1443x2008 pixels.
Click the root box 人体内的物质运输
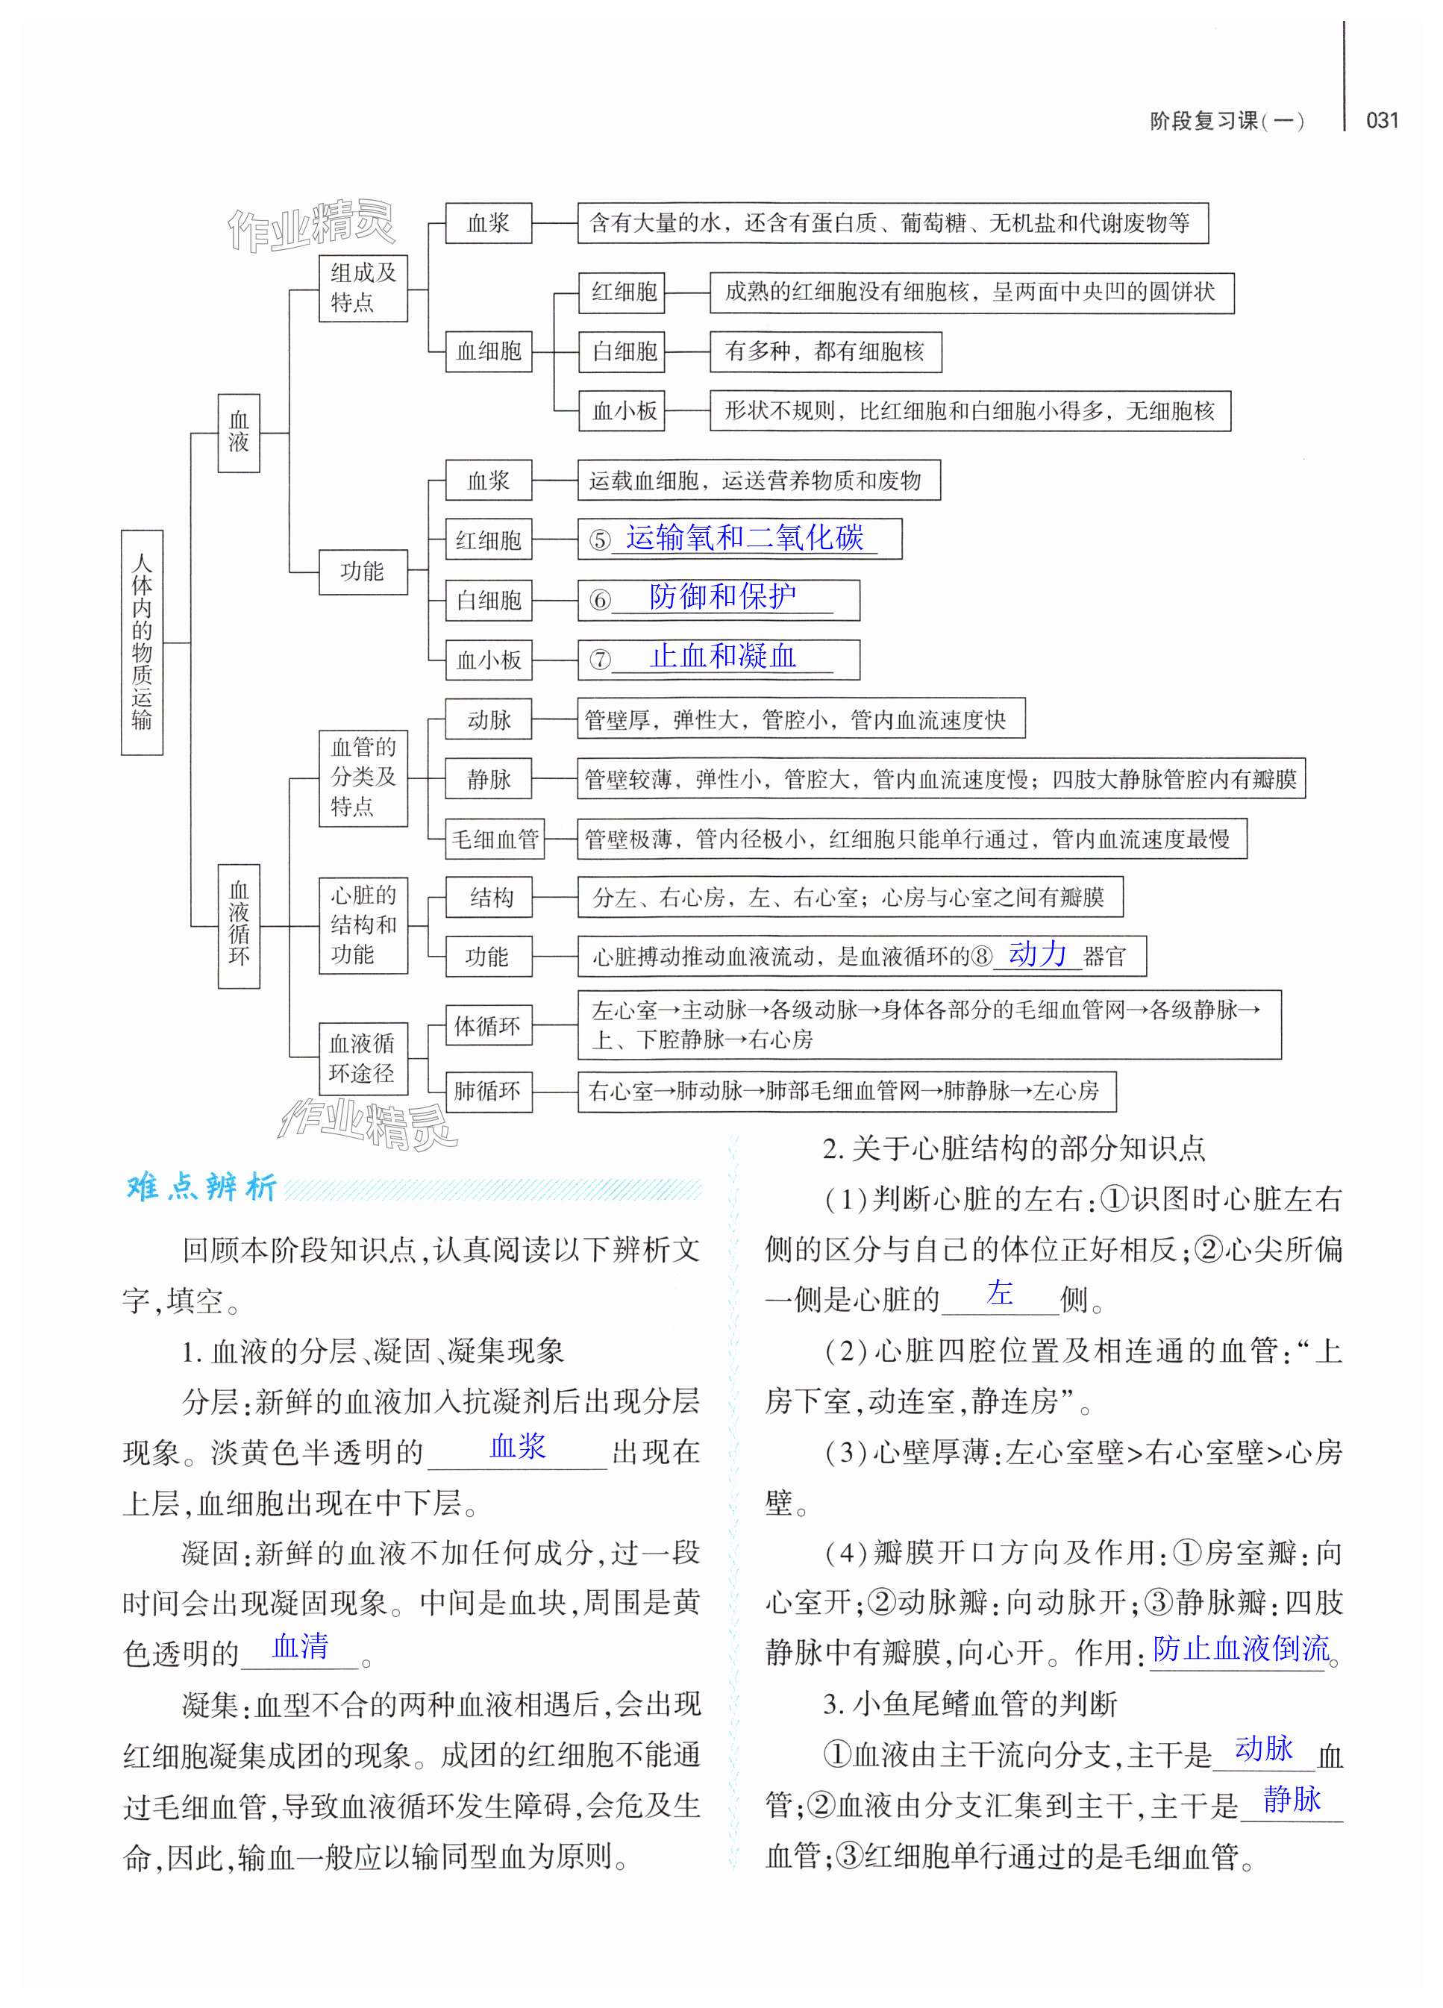point(142,642)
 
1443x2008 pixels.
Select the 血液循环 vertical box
point(239,925)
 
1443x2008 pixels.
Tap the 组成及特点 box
point(363,288)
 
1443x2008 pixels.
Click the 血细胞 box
point(489,351)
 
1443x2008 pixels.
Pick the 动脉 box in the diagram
point(489,720)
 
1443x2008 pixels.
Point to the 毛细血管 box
point(495,839)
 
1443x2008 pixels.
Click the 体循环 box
point(487,1026)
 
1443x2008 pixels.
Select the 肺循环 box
point(487,1091)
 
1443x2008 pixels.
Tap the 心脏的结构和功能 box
point(363,925)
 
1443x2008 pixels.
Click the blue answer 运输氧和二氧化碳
point(744,537)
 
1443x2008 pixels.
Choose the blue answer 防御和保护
point(722,597)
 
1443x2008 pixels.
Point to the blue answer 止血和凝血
point(722,656)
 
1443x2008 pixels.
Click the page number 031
point(1382,120)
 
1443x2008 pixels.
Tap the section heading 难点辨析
point(202,1187)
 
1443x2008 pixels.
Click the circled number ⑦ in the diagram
point(600,660)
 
